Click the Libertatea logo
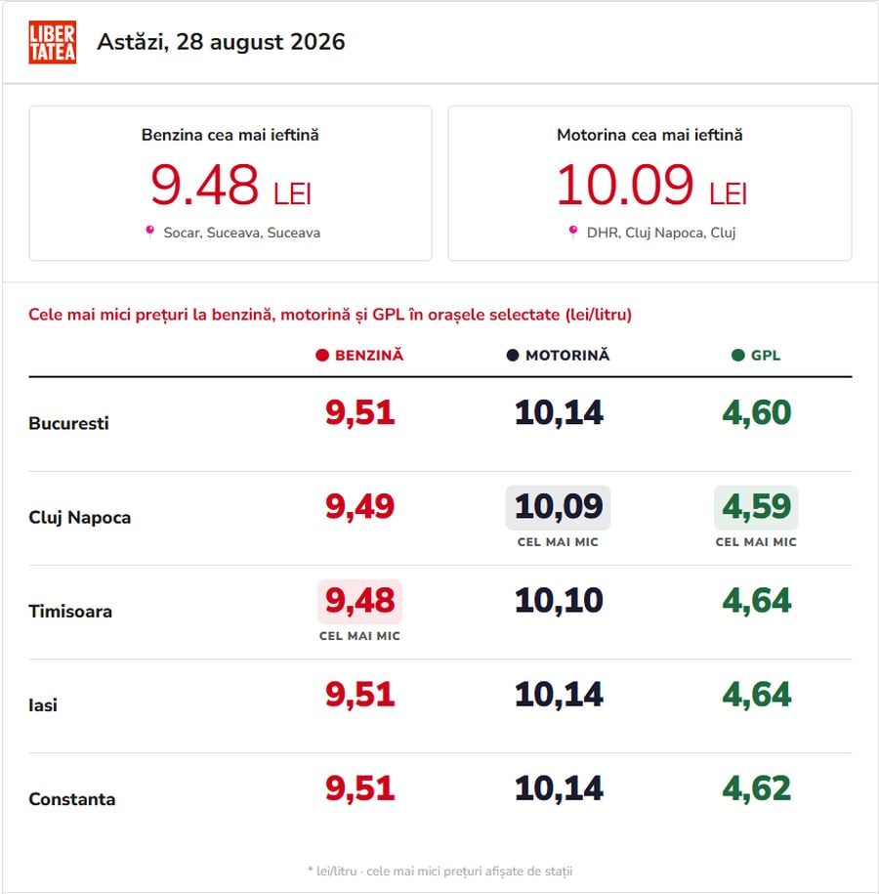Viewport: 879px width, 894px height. coord(53,42)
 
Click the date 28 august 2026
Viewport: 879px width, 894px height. coord(261,42)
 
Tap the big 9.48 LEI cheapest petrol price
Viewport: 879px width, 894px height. coord(230,185)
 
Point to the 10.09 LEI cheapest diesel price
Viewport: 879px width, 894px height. coord(651,185)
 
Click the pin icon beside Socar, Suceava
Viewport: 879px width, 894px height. coord(150,232)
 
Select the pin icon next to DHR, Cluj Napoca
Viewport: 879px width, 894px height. coord(573,232)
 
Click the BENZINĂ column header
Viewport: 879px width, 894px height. coord(359,356)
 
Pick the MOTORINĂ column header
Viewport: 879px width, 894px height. coord(558,356)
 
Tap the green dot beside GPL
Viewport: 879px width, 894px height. coord(737,356)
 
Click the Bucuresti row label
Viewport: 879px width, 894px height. coord(68,424)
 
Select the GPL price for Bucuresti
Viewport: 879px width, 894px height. coord(757,412)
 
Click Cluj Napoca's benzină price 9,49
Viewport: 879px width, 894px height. coord(359,506)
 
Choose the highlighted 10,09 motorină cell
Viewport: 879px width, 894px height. coord(558,507)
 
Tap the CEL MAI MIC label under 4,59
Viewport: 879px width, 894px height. coord(756,542)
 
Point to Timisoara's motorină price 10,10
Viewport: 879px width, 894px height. coord(559,600)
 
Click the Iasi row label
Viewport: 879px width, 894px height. coord(43,705)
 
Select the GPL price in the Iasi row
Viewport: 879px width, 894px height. coord(757,695)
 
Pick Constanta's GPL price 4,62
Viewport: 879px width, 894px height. coord(757,788)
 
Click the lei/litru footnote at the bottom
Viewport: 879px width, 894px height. coord(440,872)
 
